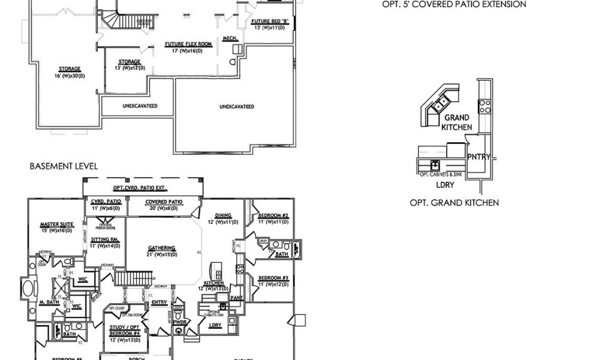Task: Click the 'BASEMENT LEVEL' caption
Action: pos(64,166)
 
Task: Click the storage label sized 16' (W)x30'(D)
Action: pos(70,68)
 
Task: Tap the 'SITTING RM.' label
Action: pos(104,239)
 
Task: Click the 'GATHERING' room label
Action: pos(162,248)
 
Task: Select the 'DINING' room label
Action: pos(223,216)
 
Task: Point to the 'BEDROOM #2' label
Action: pos(274,215)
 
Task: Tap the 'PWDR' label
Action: pos(180,321)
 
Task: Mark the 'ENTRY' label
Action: pos(159,302)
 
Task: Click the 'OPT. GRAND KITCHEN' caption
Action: pos(454,203)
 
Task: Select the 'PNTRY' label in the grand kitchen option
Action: pos(479,157)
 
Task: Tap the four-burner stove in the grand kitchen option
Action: pos(484,107)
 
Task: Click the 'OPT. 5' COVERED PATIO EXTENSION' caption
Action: pos(454,4)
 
